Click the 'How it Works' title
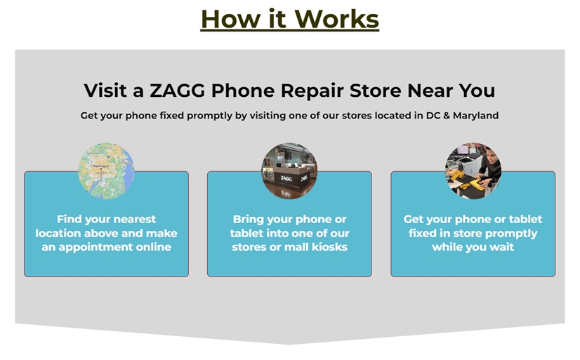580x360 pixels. coord(289,19)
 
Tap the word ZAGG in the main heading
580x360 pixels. coord(177,91)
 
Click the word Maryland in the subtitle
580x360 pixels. coord(475,116)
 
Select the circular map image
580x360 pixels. coord(107,171)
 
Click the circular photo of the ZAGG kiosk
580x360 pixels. coord(289,171)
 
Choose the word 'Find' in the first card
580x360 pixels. coord(69,219)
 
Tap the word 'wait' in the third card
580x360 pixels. coord(502,247)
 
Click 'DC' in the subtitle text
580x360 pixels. coord(433,116)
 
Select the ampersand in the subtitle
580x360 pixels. coord(446,116)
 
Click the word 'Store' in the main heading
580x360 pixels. coord(376,91)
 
